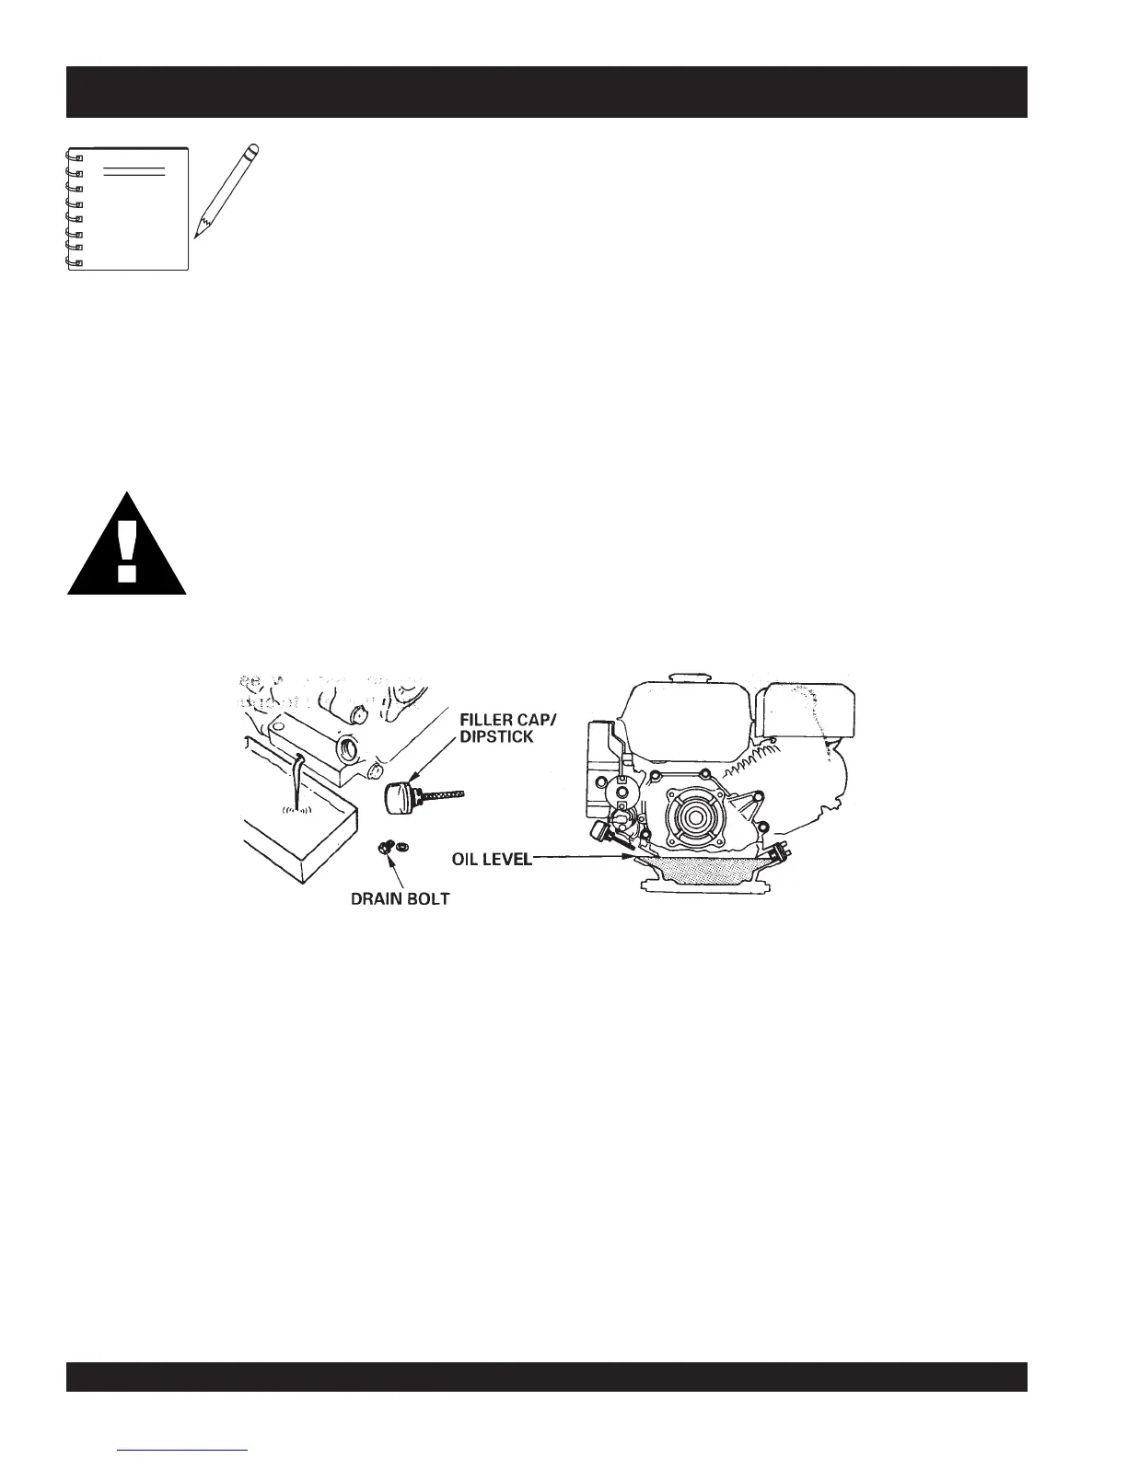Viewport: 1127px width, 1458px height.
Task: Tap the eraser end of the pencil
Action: tap(255, 147)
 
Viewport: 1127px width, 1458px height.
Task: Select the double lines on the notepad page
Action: tap(134, 172)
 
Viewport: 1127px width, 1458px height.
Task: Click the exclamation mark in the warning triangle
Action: tap(127, 550)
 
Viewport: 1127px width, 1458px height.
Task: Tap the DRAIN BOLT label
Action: tap(400, 898)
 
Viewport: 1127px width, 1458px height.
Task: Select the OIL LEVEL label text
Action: tap(491, 859)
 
